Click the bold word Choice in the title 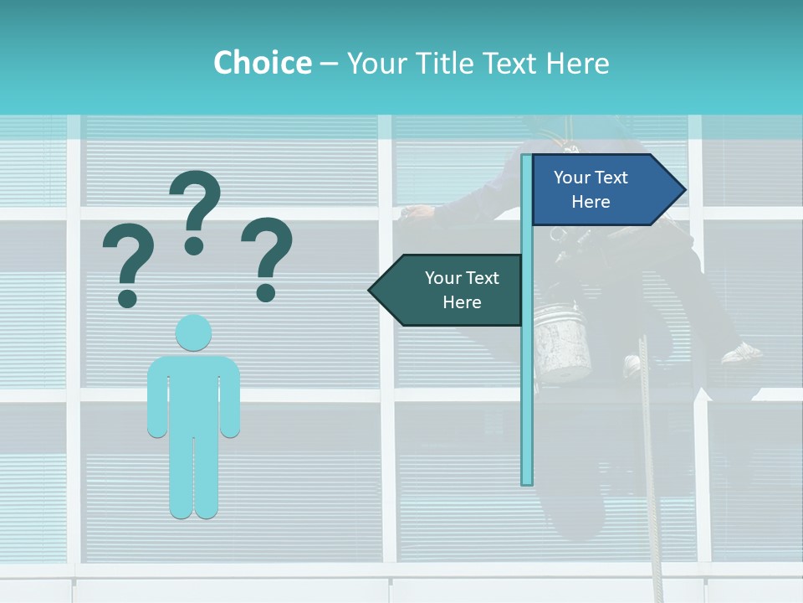pyautogui.click(x=262, y=63)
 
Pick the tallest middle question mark pyautogui.click(x=195, y=211)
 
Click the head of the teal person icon pyautogui.click(x=193, y=332)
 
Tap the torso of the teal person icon pyautogui.click(x=193, y=394)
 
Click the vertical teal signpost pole pyautogui.click(x=527, y=377)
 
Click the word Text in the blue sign pyautogui.click(x=611, y=178)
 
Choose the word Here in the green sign pyautogui.click(x=462, y=302)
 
